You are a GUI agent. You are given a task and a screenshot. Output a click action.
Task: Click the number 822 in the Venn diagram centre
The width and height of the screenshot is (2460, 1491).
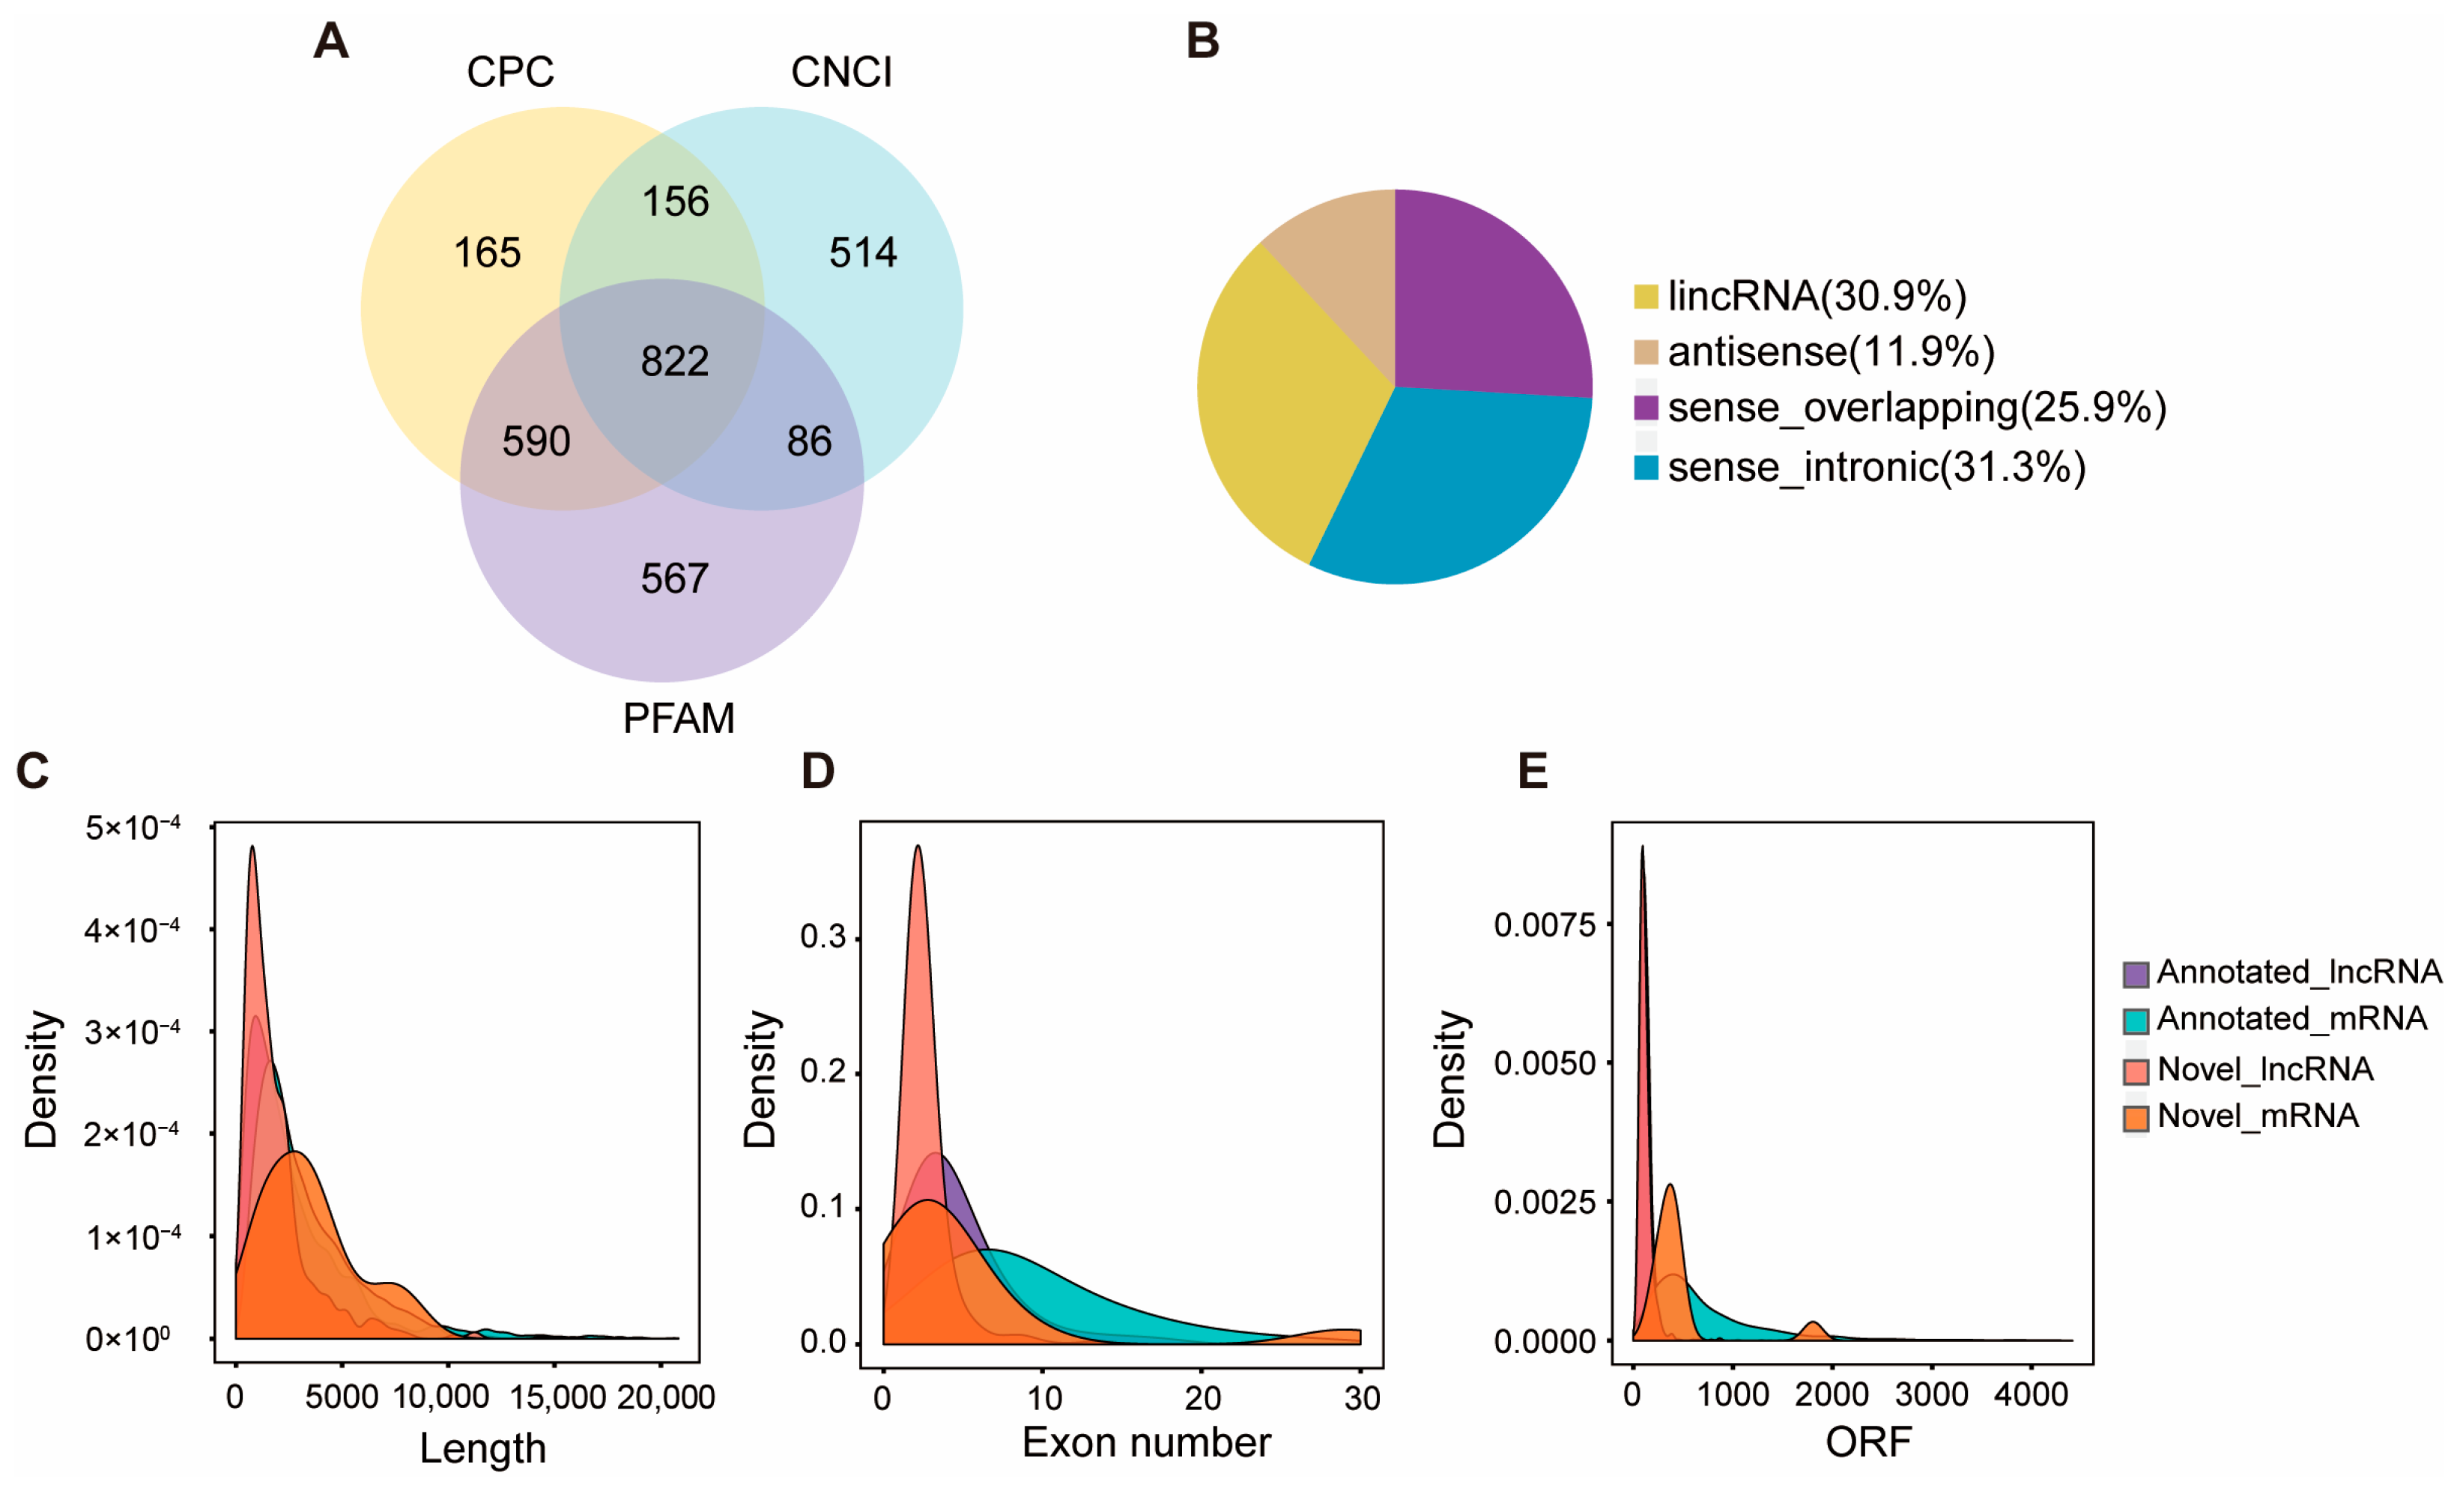click(x=675, y=360)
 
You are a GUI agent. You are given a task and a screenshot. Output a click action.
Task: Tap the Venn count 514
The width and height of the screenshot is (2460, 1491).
click(x=863, y=252)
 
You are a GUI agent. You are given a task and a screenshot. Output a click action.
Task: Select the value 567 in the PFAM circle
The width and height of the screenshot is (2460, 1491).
click(x=675, y=578)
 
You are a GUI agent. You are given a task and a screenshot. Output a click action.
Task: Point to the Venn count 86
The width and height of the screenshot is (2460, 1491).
click(x=809, y=441)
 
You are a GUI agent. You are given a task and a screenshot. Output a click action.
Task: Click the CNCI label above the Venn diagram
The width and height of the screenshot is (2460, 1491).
click(x=840, y=72)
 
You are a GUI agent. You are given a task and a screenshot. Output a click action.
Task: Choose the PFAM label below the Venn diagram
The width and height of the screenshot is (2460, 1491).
click(x=678, y=718)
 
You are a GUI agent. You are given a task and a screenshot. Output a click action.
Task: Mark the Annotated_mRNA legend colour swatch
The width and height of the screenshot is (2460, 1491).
click(x=2136, y=1020)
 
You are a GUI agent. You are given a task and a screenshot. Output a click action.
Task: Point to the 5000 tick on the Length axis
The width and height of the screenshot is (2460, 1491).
click(x=342, y=1396)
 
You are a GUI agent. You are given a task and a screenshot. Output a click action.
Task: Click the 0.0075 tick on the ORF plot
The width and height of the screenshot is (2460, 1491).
click(x=1545, y=925)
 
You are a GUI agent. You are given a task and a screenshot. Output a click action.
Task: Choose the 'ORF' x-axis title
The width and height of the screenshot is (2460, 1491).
click(x=1868, y=1441)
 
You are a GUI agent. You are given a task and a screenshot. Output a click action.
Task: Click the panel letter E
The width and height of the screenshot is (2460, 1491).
click(x=1533, y=771)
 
